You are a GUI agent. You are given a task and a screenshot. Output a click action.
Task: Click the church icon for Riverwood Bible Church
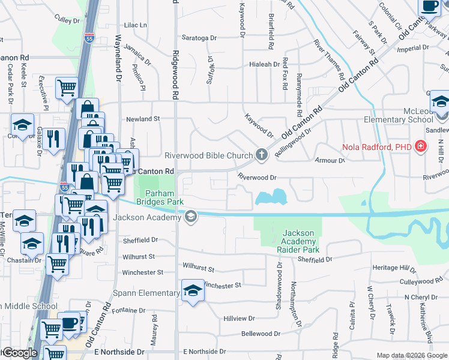coord(261,155)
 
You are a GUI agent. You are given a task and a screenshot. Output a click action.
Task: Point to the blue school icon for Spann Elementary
coord(193,292)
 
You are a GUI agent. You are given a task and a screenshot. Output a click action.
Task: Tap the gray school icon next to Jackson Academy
coord(191,217)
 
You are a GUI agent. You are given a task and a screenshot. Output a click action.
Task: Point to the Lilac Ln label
coord(135,25)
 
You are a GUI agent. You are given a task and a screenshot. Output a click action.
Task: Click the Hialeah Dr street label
coord(264,64)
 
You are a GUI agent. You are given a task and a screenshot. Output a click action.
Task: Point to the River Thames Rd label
coord(329,60)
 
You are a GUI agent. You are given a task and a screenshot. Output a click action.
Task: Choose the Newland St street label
coord(143,119)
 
